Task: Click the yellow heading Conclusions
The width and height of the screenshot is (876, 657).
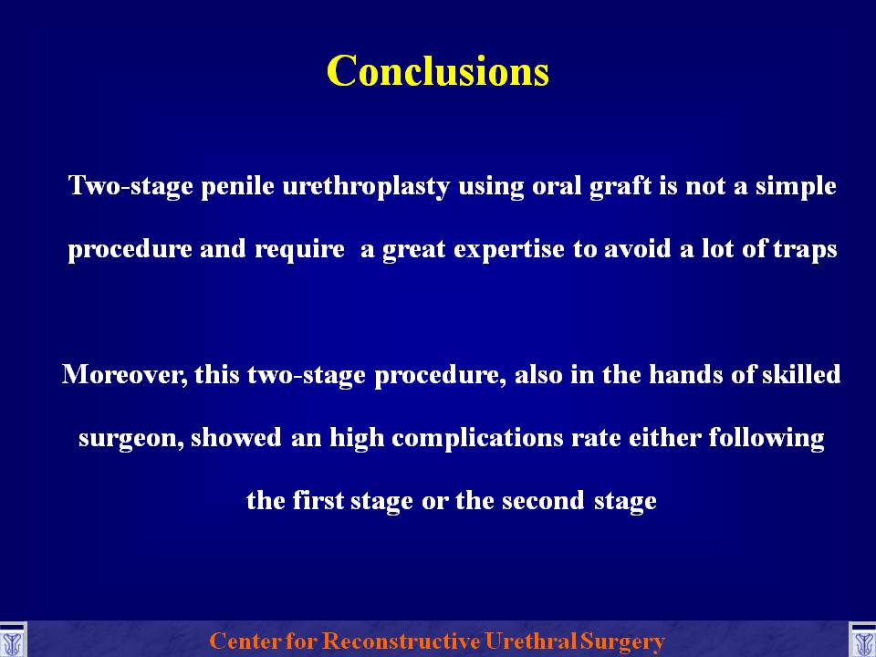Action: click(x=438, y=71)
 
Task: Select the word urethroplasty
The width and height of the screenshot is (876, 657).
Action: click(x=366, y=186)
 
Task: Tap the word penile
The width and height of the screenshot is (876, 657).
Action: click(x=237, y=186)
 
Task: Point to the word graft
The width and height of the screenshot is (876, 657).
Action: click(x=620, y=186)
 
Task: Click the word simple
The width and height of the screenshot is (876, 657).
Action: click(x=796, y=186)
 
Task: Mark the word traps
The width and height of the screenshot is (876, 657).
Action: click(x=805, y=249)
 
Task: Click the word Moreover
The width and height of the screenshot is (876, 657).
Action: click(x=125, y=374)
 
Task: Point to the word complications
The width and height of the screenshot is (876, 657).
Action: click(x=477, y=437)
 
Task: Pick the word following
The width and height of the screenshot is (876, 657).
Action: click(x=766, y=437)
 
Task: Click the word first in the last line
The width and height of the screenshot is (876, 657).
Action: click(x=318, y=500)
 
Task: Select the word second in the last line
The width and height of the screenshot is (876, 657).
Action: click(x=543, y=500)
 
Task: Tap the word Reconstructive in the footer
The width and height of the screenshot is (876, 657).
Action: click(x=401, y=641)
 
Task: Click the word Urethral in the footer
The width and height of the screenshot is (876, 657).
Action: click(x=531, y=641)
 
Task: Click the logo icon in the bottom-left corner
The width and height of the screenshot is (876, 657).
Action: click(x=12, y=641)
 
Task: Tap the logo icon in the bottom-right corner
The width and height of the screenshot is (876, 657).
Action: click(x=862, y=641)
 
